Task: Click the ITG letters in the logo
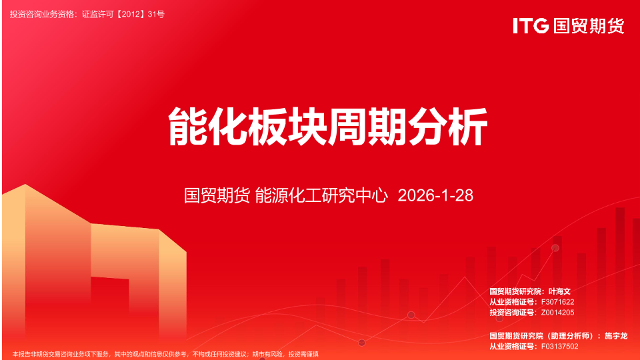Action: click(x=531, y=26)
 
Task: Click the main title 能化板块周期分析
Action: click(x=328, y=126)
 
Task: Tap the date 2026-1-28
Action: click(x=435, y=195)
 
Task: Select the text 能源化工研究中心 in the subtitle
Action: click(x=321, y=195)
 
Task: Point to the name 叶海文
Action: click(x=559, y=291)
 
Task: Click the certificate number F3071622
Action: click(x=557, y=302)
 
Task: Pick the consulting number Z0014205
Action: click(x=557, y=313)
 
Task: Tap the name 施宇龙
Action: click(x=616, y=336)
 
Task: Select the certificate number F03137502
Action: click(x=559, y=347)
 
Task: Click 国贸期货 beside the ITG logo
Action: click(x=589, y=26)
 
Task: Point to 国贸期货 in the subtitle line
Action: click(x=217, y=195)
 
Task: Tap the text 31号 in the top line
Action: click(x=156, y=14)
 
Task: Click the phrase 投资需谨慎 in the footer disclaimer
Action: click(x=303, y=354)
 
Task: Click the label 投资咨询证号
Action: click(x=512, y=313)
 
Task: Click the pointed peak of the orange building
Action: click(x=25, y=185)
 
